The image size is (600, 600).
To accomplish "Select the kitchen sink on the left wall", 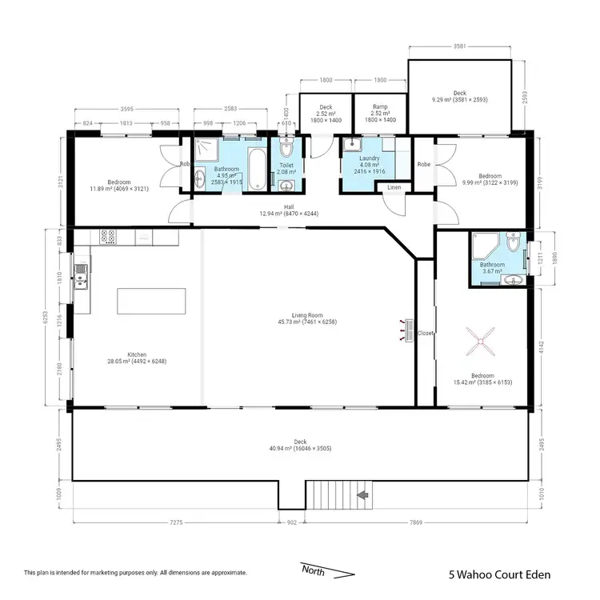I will (x=81, y=279).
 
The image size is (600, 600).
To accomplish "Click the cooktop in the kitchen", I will (x=108, y=237).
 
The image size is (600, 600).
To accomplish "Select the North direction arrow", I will (x=327, y=570).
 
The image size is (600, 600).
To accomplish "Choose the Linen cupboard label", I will (x=394, y=188).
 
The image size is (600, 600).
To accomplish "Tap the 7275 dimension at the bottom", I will (x=175, y=523).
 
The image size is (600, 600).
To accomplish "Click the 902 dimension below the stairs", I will (x=292, y=523).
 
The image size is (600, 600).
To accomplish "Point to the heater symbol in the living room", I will (x=408, y=327).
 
